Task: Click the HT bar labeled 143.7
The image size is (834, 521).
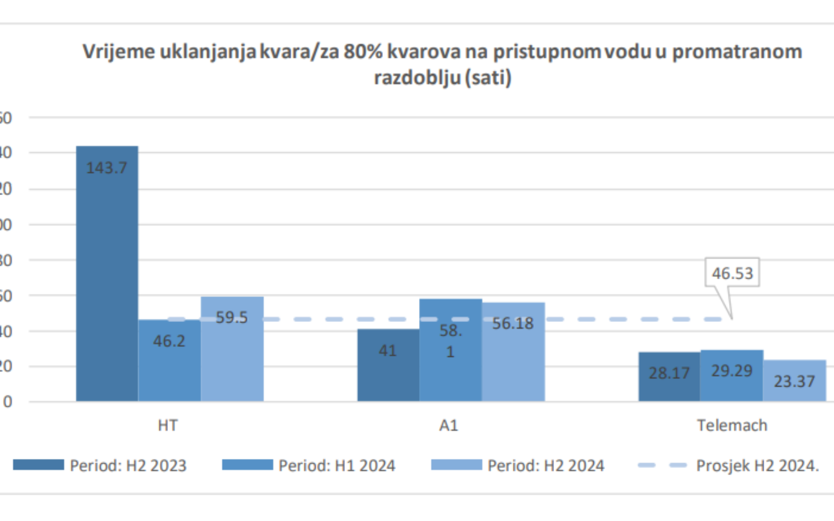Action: pos(107,274)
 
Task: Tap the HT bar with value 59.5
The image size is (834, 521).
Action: pos(232,349)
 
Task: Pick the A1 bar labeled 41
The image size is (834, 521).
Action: pos(388,365)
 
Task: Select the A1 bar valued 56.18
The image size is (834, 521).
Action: pos(513,352)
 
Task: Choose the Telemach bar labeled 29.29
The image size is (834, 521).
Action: pos(732,376)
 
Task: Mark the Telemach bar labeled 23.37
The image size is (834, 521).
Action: pos(794,381)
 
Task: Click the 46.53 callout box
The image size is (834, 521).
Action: pos(732,272)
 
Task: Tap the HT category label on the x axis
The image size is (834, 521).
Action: pos(168,426)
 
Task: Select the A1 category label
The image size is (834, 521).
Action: pos(449,426)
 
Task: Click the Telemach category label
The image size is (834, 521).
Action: pos(732,426)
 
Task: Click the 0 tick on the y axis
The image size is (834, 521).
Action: pos(7,402)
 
